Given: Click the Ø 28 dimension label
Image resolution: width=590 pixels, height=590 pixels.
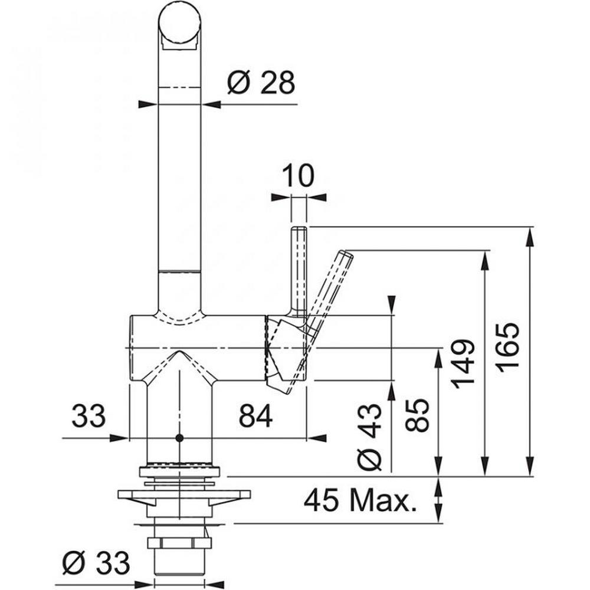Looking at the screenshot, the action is coord(261,83).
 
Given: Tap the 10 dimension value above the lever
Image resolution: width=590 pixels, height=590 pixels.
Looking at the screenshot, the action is coord(297,175).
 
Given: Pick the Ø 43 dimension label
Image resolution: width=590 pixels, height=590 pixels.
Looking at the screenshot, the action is coord(369,437).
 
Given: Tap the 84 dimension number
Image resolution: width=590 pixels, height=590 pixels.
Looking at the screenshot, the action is coord(256,416).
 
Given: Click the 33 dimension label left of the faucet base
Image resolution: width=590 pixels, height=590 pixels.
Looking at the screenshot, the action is coord(88,416).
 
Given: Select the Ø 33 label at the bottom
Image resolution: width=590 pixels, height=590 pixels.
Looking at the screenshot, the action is coord(96,563).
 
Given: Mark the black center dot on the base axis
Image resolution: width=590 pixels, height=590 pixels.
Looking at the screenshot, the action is coord(179,438).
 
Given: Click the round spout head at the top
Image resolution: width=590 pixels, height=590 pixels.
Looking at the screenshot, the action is coord(179,24).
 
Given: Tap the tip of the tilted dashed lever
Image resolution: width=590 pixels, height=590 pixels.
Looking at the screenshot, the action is coord(346,254).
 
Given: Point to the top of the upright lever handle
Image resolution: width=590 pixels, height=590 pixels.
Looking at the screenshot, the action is coord(299,228).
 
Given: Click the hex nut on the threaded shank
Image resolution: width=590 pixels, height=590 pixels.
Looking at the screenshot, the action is coord(179,543).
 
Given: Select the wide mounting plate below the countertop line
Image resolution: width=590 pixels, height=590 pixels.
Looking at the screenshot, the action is coord(184,495).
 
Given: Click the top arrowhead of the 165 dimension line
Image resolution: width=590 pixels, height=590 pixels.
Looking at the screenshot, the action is coord(530,235).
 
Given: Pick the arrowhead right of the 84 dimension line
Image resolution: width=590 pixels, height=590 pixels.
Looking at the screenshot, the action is coord(317,438).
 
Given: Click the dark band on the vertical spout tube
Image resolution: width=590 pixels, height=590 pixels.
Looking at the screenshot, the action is coord(179,271).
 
